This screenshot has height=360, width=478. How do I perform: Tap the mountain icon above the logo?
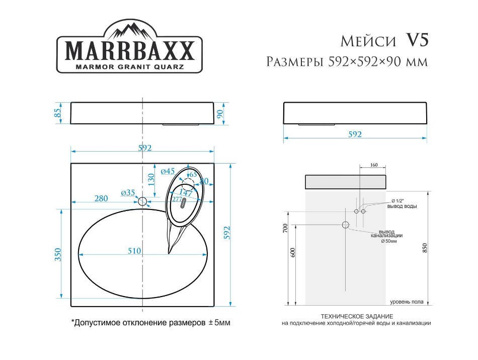click(x=129, y=31)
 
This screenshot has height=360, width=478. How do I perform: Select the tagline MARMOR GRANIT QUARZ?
click(x=129, y=66)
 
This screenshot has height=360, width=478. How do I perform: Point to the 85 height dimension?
click(x=58, y=113)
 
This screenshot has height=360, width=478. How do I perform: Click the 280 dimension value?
click(x=101, y=198)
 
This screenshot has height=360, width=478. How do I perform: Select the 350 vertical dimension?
click(x=58, y=254)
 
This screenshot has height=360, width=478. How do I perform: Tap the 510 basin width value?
click(x=133, y=251)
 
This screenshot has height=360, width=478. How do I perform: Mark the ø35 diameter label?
click(x=128, y=192)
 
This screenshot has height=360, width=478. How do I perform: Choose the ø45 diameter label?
click(x=168, y=171)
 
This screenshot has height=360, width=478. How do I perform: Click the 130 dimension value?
click(x=151, y=179)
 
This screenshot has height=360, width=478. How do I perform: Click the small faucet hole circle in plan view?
click(x=143, y=202)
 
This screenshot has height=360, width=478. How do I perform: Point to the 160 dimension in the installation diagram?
click(x=373, y=165)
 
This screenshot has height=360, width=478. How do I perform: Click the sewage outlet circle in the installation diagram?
click(x=346, y=225)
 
